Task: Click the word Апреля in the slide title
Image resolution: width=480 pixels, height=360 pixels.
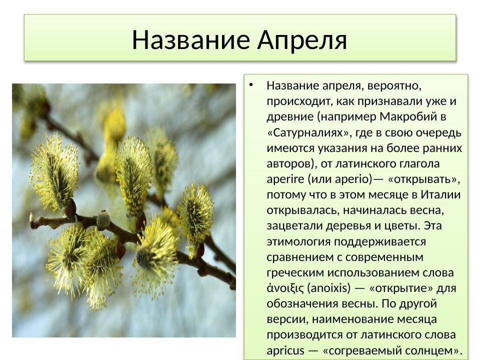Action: (302, 40)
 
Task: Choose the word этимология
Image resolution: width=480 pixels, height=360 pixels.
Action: (294, 241)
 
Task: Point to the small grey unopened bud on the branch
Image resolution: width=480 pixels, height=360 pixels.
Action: (103, 218)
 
